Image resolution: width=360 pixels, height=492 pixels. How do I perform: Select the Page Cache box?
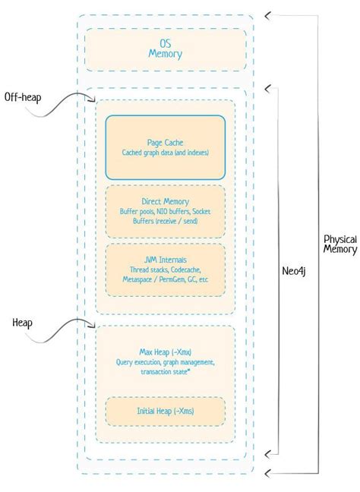point(165,146)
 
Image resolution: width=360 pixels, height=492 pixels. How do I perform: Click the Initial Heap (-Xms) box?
point(165,412)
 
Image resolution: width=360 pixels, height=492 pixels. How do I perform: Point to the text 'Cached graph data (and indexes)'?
point(165,153)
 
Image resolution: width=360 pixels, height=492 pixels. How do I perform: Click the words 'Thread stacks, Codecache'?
point(165,270)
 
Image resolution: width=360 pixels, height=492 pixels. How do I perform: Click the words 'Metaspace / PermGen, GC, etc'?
point(165,281)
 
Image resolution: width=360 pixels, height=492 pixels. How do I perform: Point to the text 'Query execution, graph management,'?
point(165,361)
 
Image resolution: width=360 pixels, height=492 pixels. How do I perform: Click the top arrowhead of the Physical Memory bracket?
point(266,14)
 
